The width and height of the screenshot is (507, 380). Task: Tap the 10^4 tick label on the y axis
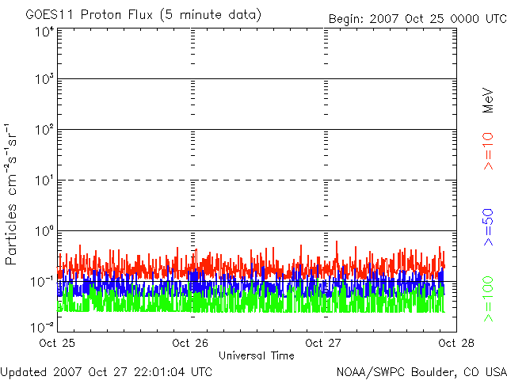(x=44, y=32)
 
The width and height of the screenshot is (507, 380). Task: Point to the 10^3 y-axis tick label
(x=44, y=79)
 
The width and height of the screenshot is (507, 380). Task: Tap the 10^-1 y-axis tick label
(x=43, y=281)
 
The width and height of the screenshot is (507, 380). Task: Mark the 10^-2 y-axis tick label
(x=43, y=326)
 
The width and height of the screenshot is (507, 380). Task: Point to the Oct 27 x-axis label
(x=323, y=343)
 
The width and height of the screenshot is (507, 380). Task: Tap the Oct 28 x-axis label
(x=455, y=343)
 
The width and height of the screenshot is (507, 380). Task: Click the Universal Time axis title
(x=256, y=355)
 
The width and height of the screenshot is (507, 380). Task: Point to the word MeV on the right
(x=489, y=98)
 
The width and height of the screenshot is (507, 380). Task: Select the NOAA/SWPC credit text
(x=420, y=370)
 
